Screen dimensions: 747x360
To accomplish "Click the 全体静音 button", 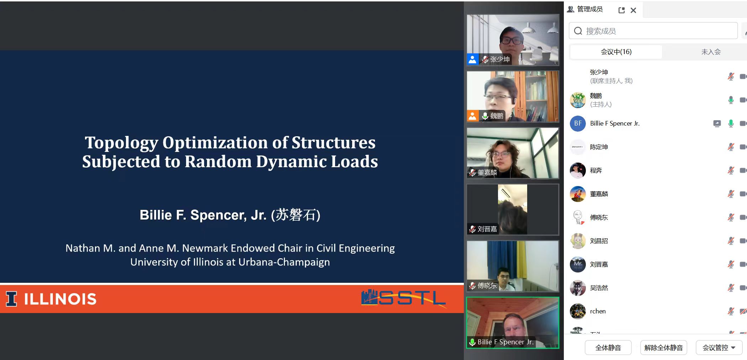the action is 608,348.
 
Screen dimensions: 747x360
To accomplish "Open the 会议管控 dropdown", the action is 719,348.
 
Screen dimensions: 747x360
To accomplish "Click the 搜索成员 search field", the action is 653,31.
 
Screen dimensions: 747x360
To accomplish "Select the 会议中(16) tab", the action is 616,52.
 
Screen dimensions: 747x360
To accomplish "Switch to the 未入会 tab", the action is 711,52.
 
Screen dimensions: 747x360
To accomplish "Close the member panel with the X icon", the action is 633,10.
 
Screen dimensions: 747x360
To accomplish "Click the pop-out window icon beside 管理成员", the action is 621,10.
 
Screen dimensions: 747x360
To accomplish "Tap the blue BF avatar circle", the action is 578,123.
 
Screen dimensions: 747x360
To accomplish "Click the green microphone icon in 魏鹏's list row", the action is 731,100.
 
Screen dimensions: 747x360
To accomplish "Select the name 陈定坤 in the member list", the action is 599,147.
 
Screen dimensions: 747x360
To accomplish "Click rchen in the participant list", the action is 598,311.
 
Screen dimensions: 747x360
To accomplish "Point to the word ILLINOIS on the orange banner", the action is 60,299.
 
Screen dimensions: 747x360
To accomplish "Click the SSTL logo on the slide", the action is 403,298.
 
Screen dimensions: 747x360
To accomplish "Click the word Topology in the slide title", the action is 121,143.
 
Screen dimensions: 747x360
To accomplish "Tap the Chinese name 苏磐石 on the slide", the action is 296,215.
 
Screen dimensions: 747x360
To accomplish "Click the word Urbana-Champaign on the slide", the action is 284,262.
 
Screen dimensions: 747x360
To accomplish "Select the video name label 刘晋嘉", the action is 487,229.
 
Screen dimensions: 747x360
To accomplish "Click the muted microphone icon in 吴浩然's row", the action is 731,288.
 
